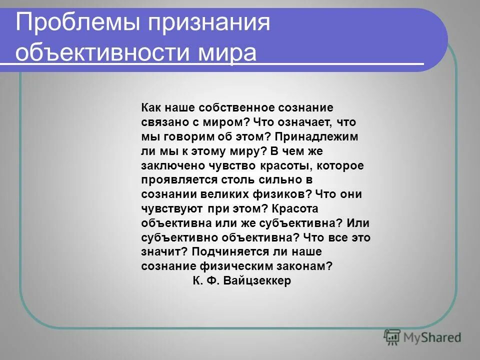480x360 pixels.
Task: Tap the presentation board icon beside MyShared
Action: click(x=393, y=337)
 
